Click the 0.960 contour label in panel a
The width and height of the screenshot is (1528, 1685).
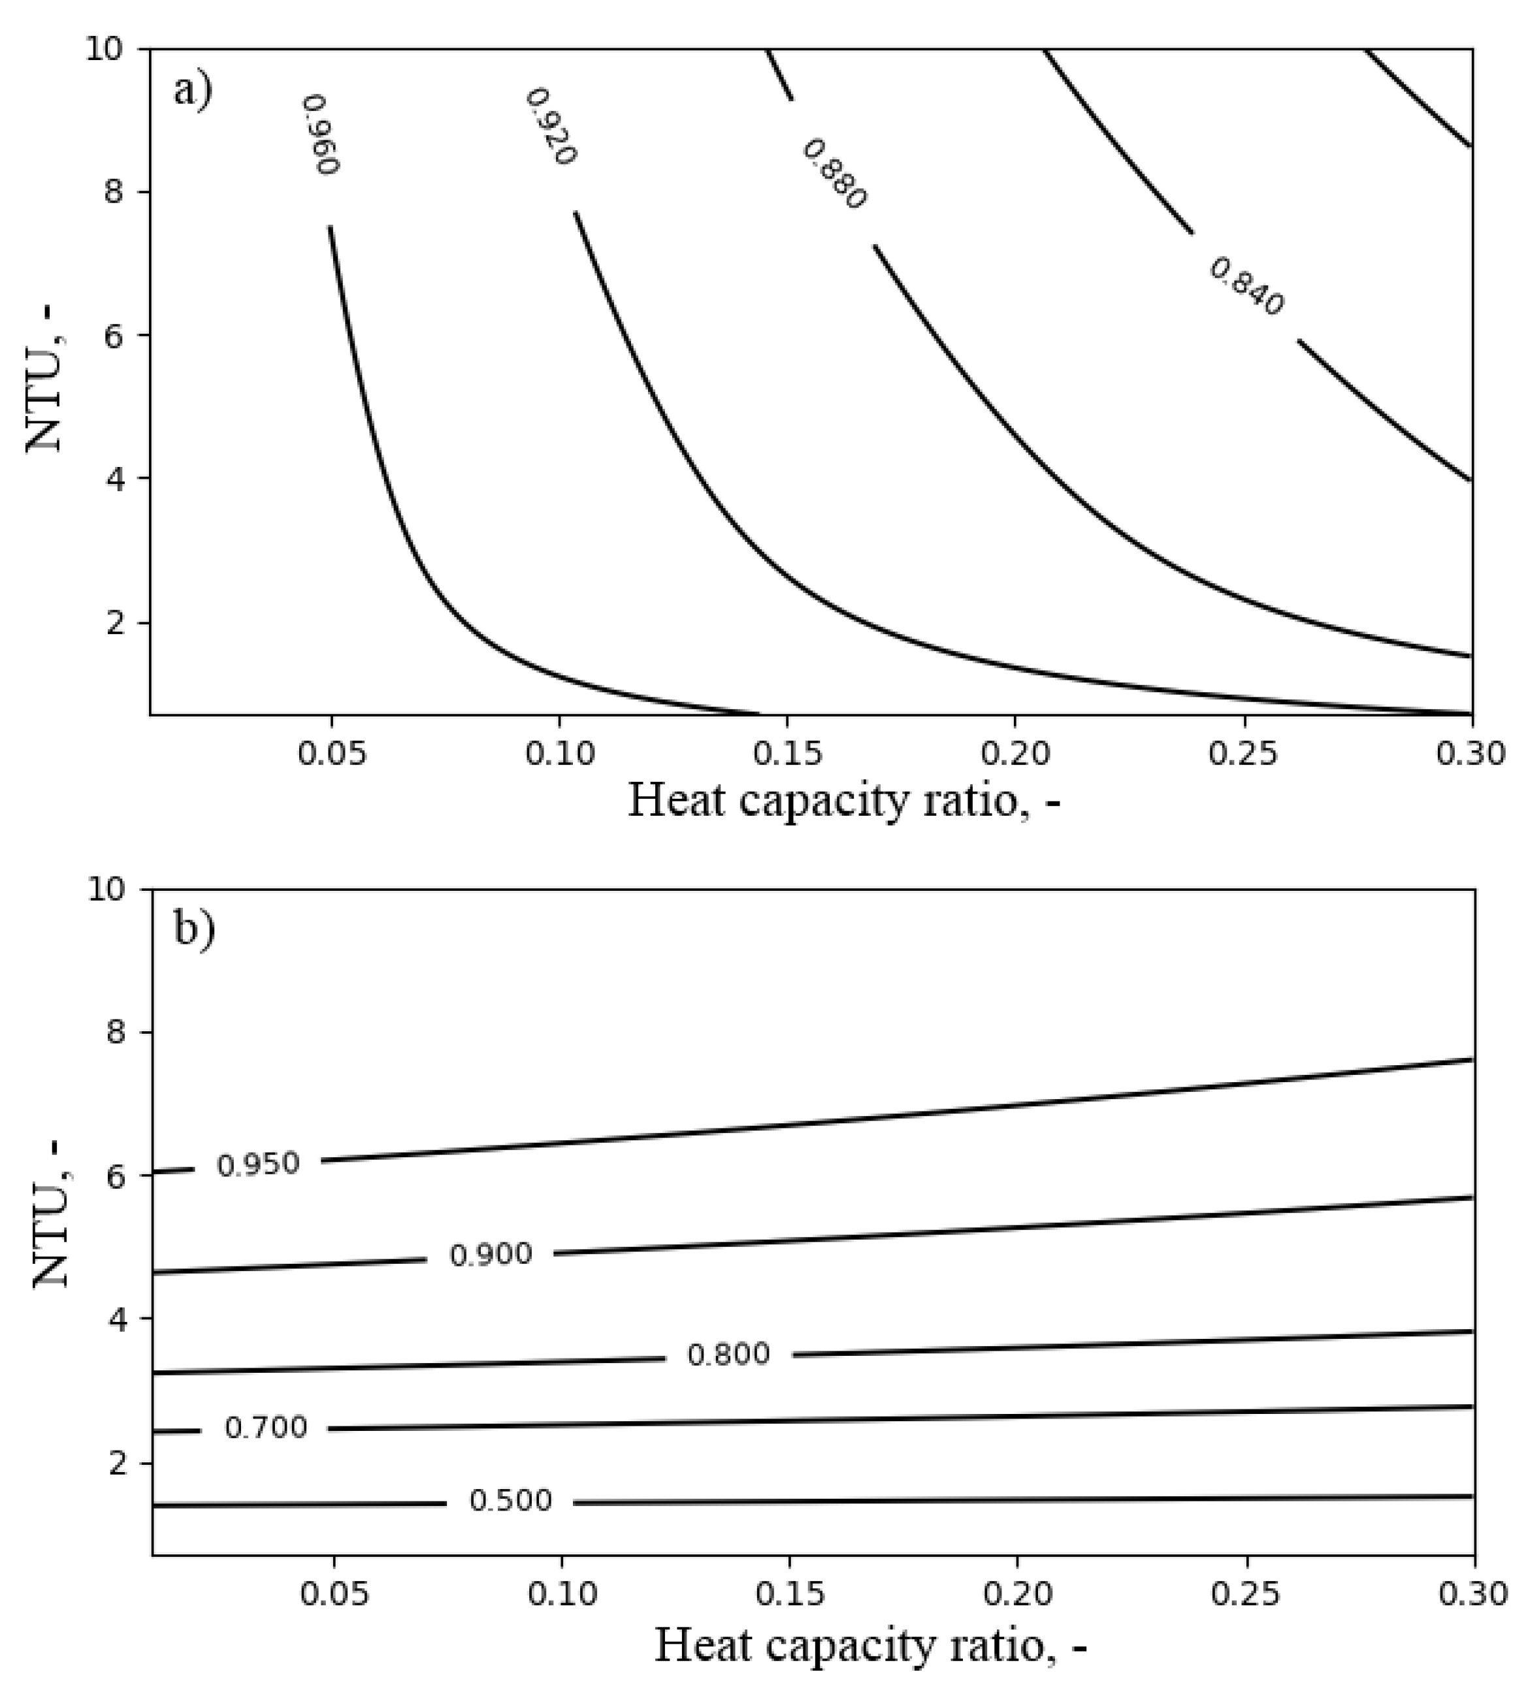click(320, 135)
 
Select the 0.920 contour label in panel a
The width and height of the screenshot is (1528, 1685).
click(551, 127)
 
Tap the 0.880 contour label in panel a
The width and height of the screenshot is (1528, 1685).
click(834, 174)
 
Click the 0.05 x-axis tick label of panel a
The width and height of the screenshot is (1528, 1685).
click(332, 753)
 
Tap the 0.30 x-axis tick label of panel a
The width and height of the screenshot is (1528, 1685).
click(1471, 753)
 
